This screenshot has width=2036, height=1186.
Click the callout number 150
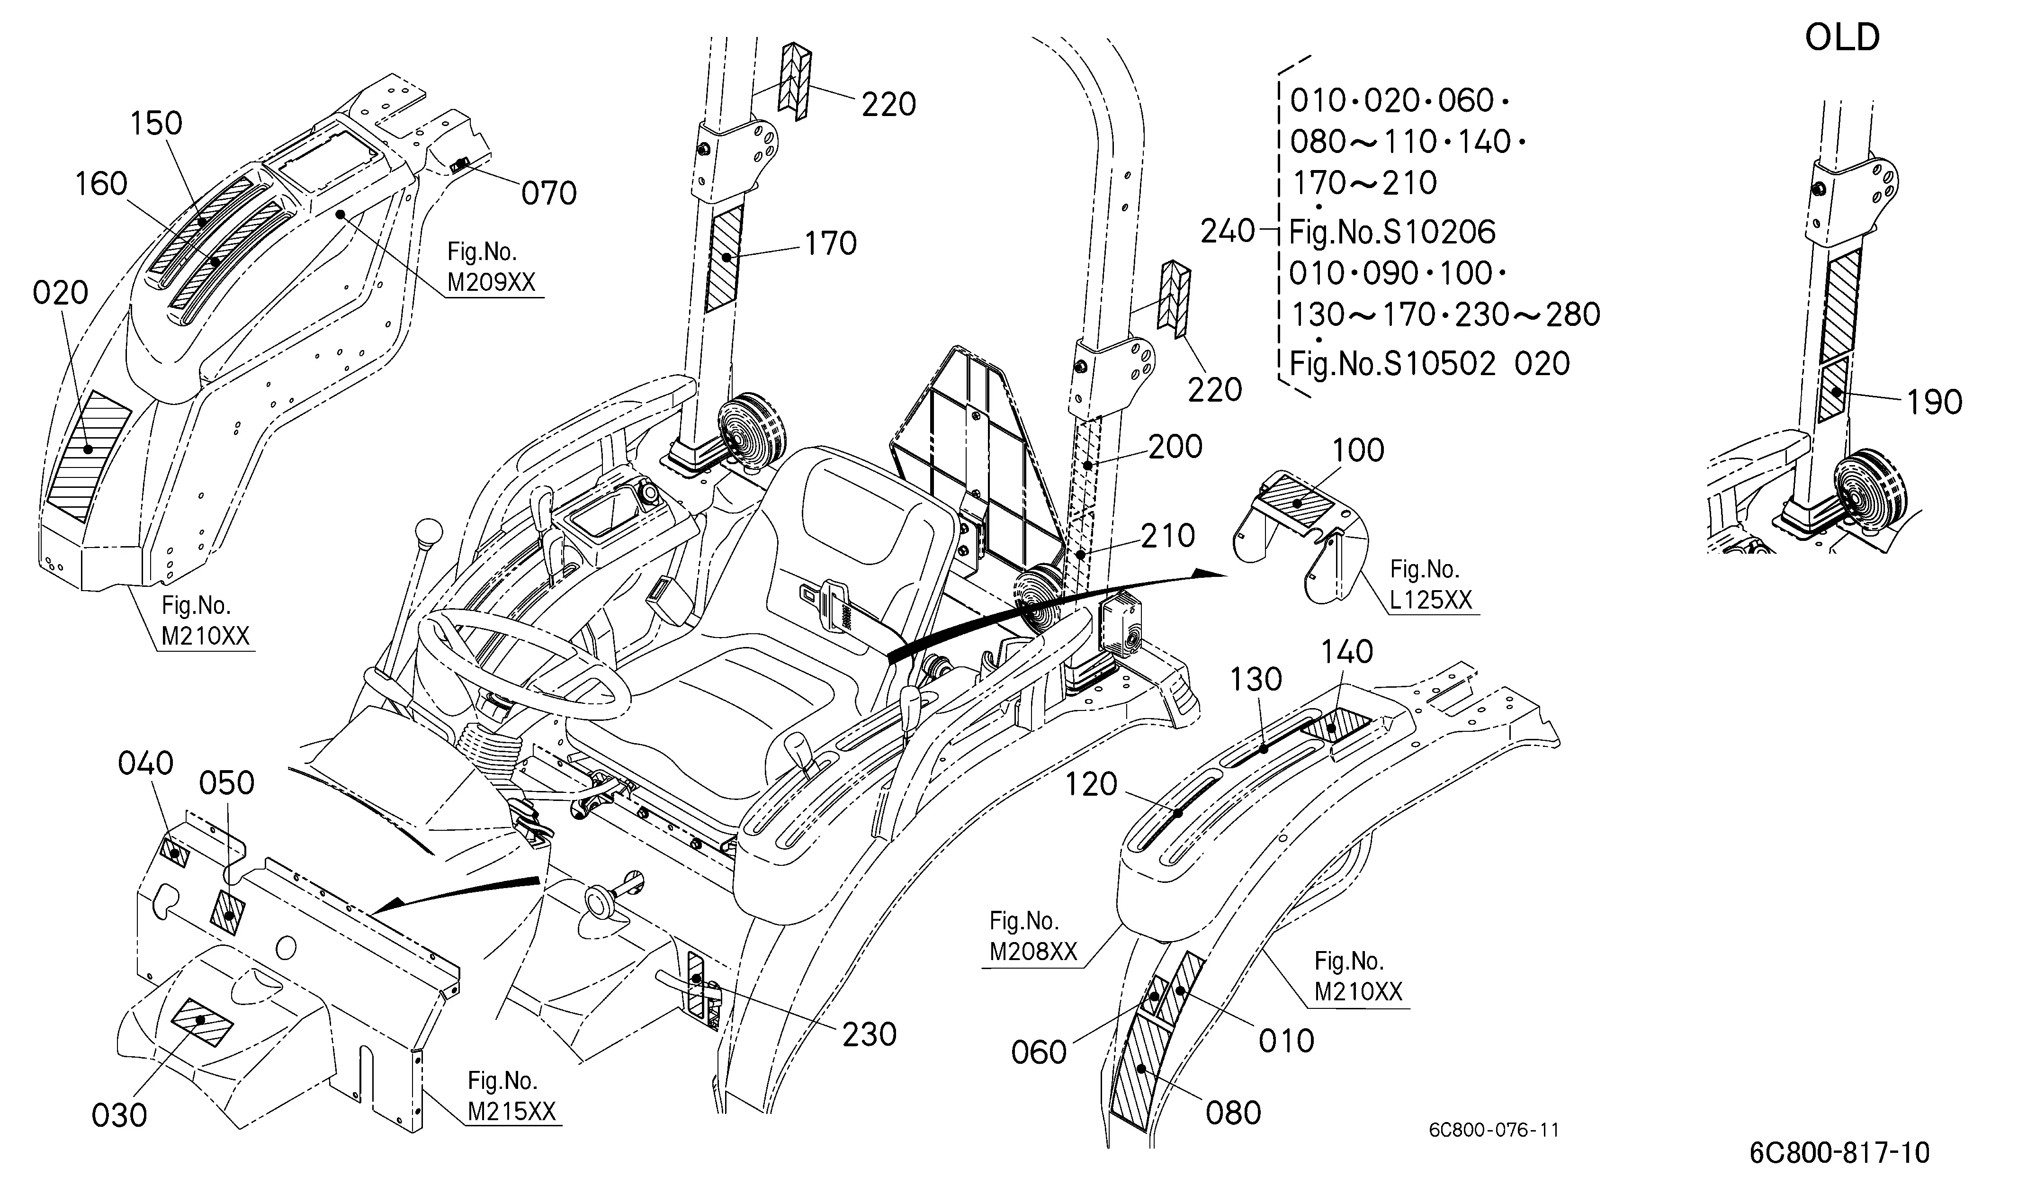(157, 124)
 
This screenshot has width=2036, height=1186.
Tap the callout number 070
(548, 194)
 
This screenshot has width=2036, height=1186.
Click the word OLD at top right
(1842, 37)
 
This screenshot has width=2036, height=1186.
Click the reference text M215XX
(512, 1112)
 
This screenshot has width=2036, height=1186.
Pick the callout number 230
(870, 1035)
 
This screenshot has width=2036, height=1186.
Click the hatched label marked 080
(1139, 1072)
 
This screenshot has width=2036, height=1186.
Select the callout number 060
(1039, 1053)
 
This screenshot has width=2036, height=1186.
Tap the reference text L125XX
(1431, 600)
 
